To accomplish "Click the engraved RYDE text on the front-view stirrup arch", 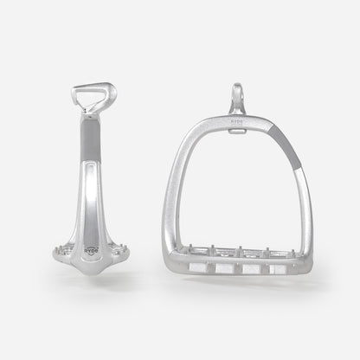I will (x=237, y=123).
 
